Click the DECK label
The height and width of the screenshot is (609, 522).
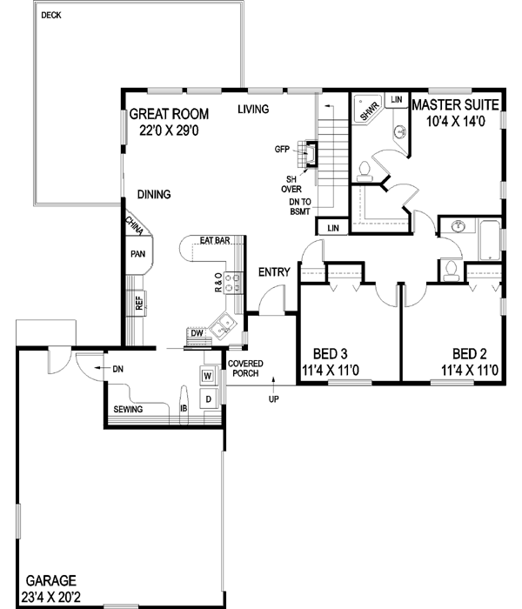(x=52, y=15)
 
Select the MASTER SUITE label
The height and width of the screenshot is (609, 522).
(x=454, y=104)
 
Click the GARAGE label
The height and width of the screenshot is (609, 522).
(x=50, y=580)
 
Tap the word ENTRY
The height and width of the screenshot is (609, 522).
(x=274, y=272)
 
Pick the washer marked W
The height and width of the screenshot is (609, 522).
(x=208, y=376)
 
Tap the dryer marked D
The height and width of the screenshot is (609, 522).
(x=208, y=398)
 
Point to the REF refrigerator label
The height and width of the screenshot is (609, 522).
(x=137, y=303)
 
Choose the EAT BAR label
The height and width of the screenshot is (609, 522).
(x=214, y=240)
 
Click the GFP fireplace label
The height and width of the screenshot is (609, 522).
(x=282, y=150)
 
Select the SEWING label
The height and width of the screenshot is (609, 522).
(x=128, y=408)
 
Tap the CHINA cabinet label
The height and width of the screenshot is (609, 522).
(x=135, y=226)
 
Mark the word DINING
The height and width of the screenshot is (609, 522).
(x=153, y=194)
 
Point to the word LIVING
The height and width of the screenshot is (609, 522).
(x=254, y=109)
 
